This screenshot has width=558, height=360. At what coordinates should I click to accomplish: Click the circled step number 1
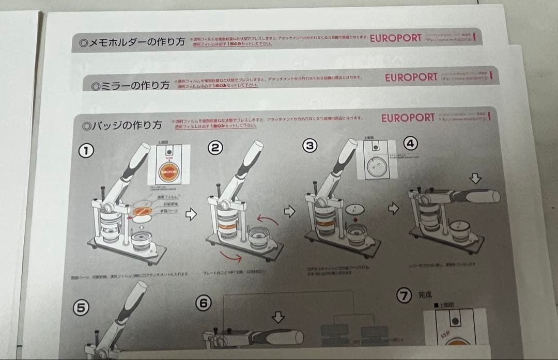point(86,150)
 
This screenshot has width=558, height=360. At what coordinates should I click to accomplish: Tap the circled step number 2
point(215,148)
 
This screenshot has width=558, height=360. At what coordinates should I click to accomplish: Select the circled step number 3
point(309,146)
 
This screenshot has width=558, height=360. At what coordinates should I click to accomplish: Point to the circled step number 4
point(410,144)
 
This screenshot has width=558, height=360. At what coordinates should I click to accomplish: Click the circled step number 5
point(81,307)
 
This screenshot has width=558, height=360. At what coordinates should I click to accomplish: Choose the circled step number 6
point(204,304)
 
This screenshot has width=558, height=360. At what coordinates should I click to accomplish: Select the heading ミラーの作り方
point(131,85)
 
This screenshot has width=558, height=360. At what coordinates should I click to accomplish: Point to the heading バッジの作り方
point(122,126)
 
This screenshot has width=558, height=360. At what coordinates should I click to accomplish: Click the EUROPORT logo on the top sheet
point(396,39)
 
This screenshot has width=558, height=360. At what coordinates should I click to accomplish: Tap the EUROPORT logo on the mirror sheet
point(411,77)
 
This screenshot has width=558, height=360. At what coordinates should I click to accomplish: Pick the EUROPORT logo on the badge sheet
point(408,118)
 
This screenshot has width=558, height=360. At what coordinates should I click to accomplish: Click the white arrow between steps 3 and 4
point(394,209)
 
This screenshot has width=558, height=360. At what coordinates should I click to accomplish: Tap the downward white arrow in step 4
point(476,179)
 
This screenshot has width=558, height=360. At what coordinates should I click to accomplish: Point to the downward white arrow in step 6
point(278,317)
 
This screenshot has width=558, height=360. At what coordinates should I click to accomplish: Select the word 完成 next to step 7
point(425,296)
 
